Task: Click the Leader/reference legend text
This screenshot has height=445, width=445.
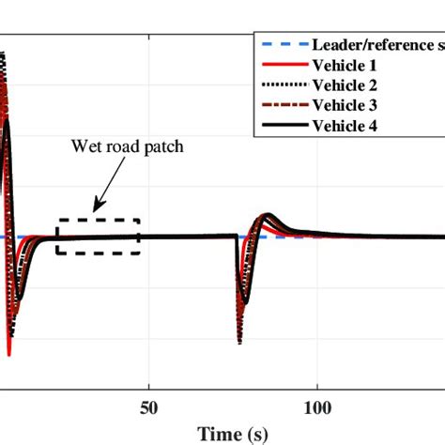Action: click(376, 43)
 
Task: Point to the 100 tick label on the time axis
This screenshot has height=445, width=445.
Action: click(317, 408)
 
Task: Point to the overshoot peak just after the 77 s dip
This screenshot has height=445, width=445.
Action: click(269, 216)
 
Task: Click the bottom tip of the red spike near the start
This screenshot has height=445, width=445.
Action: click(9, 356)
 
